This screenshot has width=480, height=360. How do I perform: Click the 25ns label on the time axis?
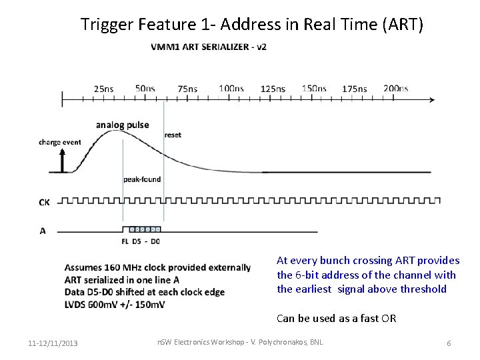[x=103, y=89]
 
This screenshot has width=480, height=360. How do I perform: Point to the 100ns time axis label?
[x=231, y=89]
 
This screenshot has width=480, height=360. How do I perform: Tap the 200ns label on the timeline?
[x=395, y=89]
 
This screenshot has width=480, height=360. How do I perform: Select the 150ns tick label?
[x=314, y=89]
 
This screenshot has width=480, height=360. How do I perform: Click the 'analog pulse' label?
[x=122, y=125]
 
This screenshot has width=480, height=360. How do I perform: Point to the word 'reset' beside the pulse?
[x=173, y=135]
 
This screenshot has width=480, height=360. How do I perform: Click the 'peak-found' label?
[x=142, y=179]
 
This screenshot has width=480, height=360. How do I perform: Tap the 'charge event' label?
[x=59, y=142]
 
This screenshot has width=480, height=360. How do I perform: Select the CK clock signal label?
[x=44, y=201]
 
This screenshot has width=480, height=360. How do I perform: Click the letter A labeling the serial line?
[x=43, y=231]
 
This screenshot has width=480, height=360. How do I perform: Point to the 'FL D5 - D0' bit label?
[x=141, y=241]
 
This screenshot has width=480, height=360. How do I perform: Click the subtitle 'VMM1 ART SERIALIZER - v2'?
[x=209, y=47]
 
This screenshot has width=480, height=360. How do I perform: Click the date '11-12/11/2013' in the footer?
[x=53, y=343]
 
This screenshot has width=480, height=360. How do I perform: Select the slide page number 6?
[x=449, y=343]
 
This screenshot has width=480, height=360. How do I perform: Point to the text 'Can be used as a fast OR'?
[x=336, y=318]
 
